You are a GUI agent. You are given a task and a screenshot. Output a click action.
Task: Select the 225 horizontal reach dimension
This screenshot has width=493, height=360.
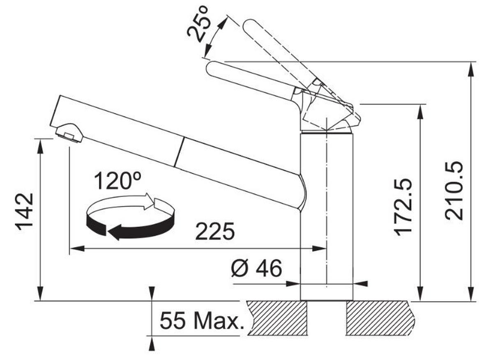(214, 232)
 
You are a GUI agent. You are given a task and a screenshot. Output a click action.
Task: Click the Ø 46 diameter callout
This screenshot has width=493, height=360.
(256, 269)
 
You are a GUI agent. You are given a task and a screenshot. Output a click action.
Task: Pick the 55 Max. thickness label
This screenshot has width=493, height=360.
(200, 321)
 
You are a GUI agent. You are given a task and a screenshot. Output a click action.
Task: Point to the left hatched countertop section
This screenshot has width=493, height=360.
(277, 318)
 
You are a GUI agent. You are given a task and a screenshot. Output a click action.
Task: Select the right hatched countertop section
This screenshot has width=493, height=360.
(378, 318)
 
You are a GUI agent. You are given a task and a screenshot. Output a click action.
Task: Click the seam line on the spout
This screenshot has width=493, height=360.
(179, 152)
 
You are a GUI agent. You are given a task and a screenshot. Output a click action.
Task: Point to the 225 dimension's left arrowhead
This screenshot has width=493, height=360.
(74, 249)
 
